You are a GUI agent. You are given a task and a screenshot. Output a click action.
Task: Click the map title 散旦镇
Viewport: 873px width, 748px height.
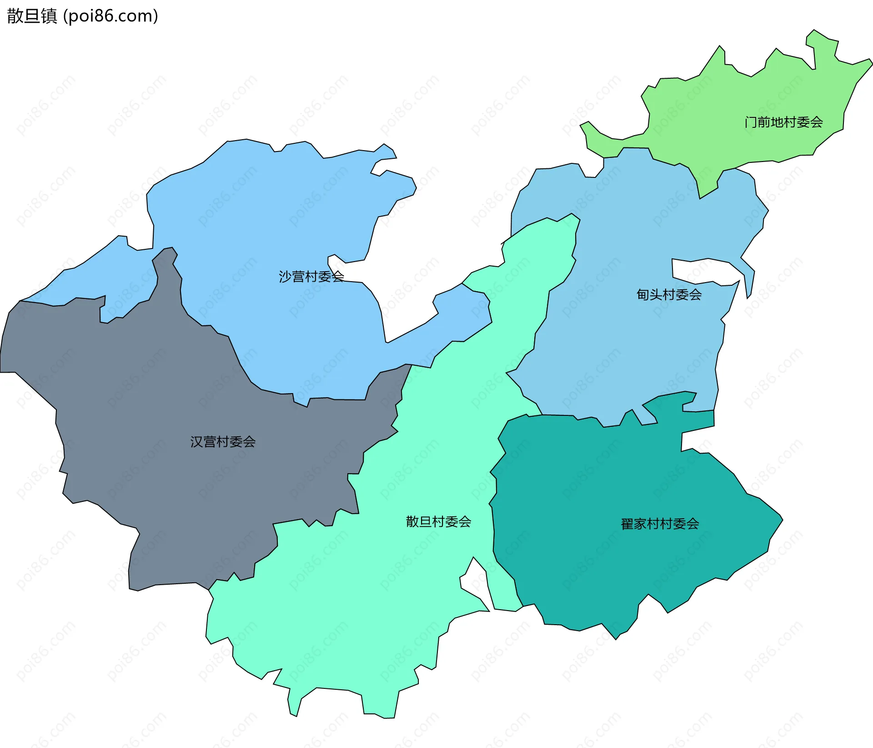tap(32, 16)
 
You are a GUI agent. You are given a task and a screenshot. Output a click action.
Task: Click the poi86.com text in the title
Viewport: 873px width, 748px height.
tap(110, 16)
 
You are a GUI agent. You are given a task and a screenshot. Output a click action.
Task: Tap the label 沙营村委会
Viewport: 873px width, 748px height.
tap(311, 277)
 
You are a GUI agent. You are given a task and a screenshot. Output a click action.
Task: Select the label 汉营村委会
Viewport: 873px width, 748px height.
tap(223, 442)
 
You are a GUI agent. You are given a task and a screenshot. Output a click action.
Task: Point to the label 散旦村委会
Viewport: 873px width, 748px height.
tap(438, 522)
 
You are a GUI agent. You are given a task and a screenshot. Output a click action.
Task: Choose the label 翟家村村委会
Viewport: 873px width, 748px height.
tap(660, 524)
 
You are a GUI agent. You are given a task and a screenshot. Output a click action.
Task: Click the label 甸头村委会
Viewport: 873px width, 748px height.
tap(669, 295)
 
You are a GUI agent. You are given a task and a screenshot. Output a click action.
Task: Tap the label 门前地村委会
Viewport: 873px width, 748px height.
tap(783, 122)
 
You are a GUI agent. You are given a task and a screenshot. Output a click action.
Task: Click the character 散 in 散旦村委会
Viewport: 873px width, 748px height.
tap(412, 522)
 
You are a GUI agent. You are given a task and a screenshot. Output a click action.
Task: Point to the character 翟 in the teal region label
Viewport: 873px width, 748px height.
tap(627, 524)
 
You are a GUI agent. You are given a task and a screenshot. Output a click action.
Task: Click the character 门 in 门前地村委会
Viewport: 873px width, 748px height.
tap(751, 122)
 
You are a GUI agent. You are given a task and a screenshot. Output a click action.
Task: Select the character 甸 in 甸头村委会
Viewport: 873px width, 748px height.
tap(643, 295)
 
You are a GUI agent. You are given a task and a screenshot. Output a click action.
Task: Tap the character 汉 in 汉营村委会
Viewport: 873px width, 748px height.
tap(196, 442)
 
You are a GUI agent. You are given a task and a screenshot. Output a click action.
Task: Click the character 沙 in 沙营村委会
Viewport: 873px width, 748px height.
tap(285, 277)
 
